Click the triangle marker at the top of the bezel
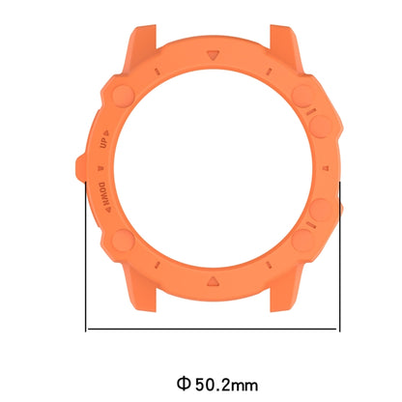[x=213, y=55]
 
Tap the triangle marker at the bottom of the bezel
[x=213, y=281]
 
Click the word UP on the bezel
[x=103, y=143]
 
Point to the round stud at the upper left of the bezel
[x=124, y=96]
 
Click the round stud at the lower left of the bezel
[x=124, y=241]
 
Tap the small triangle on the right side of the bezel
[x=325, y=168]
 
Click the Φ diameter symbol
[x=184, y=384]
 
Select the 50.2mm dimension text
[x=226, y=384]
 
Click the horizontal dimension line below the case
[x=213, y=329]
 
